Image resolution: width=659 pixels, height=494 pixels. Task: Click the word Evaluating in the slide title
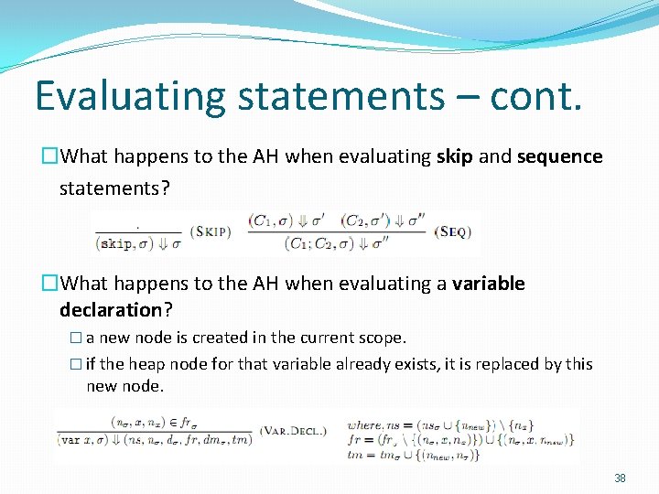pos(116,96)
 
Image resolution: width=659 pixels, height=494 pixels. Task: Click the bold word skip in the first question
pos(454,156)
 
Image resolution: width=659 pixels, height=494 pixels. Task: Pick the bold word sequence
pos(559,156)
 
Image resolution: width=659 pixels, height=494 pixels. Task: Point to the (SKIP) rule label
pos(211,231)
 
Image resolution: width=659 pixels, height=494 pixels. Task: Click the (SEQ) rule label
pos(453,231)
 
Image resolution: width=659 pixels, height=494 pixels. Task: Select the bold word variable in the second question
pos(488,284)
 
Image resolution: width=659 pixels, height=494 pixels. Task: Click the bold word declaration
pos(110,309)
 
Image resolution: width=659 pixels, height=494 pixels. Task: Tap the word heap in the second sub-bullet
pos(143,364)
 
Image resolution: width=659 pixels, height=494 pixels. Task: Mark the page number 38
pos(620,478)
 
